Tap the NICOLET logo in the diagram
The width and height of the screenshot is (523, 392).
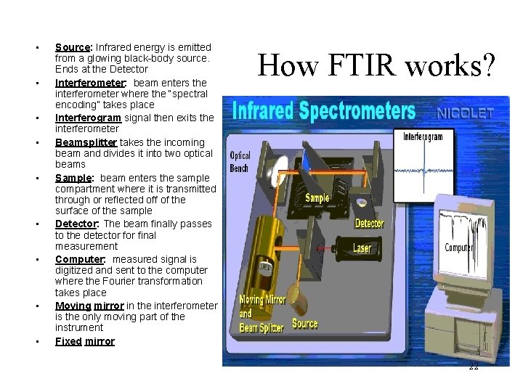(466, 113)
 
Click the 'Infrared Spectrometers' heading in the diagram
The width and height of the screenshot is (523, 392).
(323, 112)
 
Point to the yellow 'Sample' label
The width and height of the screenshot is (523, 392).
(317, 197)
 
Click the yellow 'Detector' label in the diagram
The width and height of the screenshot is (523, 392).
(369, 224)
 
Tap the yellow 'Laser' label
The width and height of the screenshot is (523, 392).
(362, 248)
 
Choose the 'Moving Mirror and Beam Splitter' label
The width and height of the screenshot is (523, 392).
(263, 314)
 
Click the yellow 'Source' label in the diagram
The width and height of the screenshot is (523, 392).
(304, 323)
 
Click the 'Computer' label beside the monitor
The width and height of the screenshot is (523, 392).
(458, 248)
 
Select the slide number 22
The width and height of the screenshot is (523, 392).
(473, 367)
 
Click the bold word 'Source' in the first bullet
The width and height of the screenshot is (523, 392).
(70, 47)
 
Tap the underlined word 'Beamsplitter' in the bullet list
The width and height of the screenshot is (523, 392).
(86, 142)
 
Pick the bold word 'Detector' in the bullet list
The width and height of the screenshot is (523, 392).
(76, 224)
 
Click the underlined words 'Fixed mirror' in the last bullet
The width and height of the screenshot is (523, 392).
(85, 341)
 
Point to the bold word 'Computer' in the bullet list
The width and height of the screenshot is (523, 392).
(79, 259)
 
